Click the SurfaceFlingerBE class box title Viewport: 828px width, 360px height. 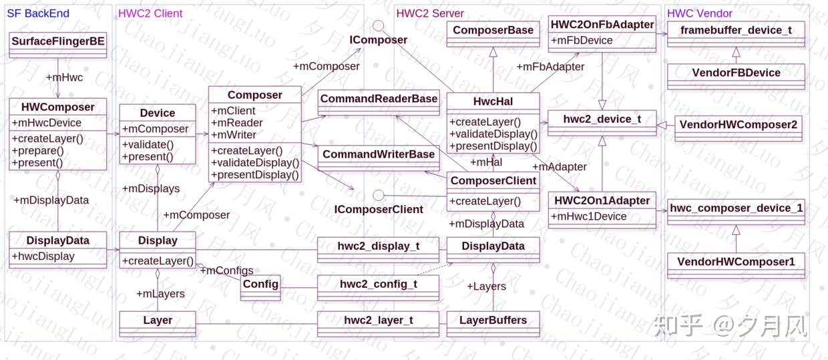point(58,41)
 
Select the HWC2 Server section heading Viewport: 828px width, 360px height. point(430,13)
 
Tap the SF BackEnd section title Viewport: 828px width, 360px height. point(38,13)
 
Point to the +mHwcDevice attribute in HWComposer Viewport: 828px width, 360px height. point(47,123)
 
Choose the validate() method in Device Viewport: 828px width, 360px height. point(148,145)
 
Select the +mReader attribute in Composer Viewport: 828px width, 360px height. point(237,123)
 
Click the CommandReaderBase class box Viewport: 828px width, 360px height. point(379,99)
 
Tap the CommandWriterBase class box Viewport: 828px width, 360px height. point(379,154)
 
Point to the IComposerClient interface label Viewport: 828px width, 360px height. point(379,209)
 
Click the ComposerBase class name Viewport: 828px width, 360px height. point(493,30)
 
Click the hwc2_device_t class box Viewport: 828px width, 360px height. point(602,120)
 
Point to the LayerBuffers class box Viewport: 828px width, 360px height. point(493,321)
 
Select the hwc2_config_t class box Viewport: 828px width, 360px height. point(378,284)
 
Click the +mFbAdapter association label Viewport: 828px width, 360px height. point(550,67)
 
